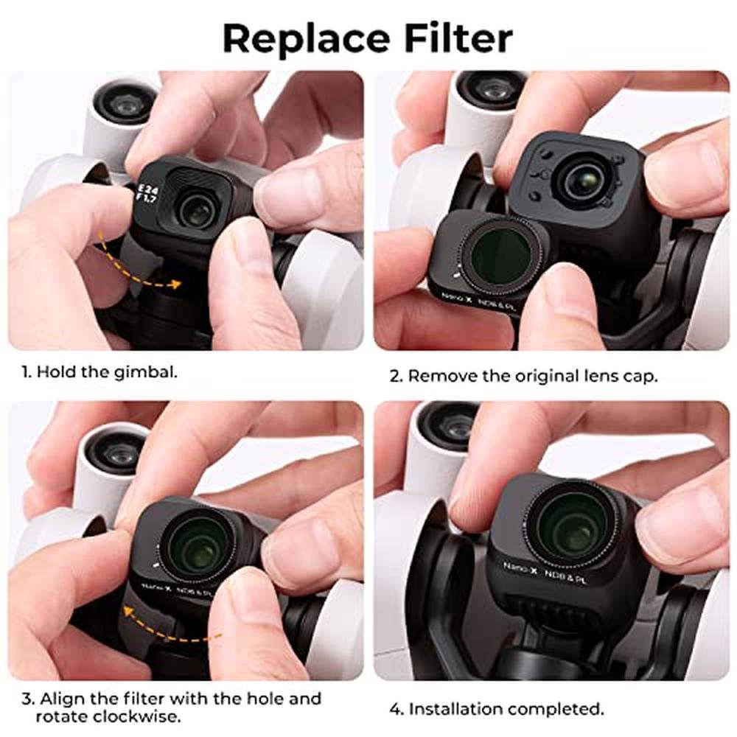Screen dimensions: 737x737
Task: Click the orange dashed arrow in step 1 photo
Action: [x=136, y=263]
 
